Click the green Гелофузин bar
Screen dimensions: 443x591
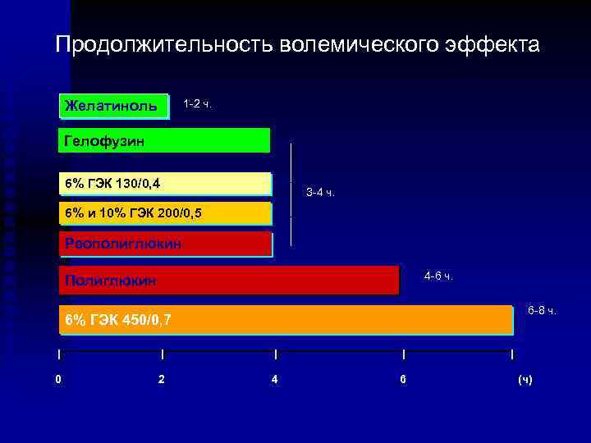(x=164, y=140)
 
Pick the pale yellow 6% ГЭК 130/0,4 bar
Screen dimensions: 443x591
(x=164, y=183)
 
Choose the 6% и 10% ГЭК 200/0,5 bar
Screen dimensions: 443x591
(x=164, y=213)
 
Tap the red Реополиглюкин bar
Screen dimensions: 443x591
(x=164, y=244)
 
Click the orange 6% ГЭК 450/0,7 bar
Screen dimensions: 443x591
(x=287, y=319)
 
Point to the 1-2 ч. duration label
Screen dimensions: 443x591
(x=197, y=104)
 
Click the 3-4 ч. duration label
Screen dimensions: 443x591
(x=320, y=193)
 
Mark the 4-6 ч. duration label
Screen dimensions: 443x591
(x=438, y=276)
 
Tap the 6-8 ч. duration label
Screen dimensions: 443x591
(x=542, y=310)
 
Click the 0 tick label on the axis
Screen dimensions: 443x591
(x=57, y=380)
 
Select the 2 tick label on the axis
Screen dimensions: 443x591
(x=161, y=380)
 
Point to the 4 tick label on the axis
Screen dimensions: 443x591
(x=274, y=380)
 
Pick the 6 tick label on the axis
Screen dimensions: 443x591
(x=402, y=380)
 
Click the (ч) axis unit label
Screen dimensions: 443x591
(x=525, y=380)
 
